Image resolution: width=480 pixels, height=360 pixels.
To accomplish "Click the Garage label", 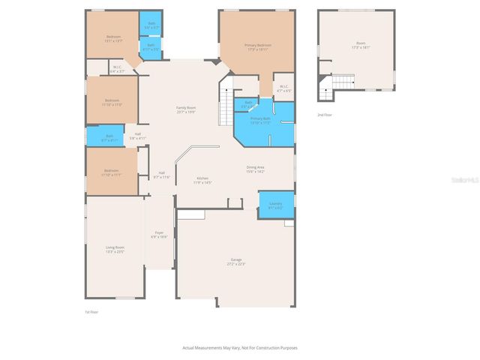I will click(236, 261).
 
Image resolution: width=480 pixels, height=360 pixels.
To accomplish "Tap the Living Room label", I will click(115, 248).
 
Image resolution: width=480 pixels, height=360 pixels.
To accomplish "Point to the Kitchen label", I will click(202, 179).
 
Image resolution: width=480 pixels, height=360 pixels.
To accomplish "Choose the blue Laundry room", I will click(275, 205).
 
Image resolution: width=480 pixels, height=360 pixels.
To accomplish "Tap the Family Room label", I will click(186, 109).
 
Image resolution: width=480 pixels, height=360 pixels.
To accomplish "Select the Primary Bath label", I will click(260, 120).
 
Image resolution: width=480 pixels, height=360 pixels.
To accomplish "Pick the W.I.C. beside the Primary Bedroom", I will click(283, 88).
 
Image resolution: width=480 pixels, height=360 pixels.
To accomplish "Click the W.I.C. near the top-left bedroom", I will click(118, 68).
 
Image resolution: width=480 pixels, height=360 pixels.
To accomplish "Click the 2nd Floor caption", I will click(324, 115).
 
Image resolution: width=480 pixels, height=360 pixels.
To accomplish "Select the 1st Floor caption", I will click(91, 311).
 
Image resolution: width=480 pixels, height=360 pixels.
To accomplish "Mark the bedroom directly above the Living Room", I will click(113, 172).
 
